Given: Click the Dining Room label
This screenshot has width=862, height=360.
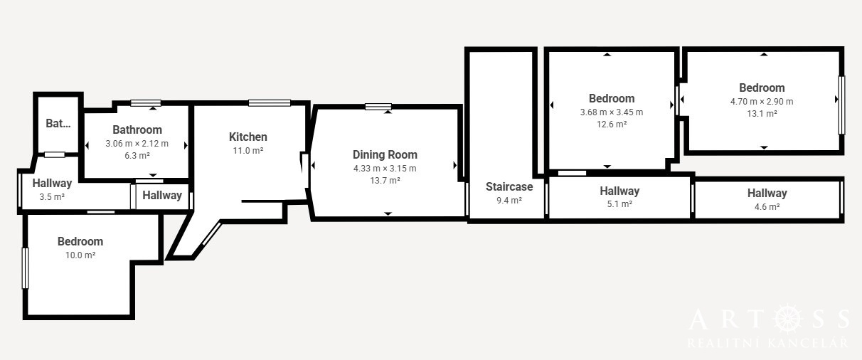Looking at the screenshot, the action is [x=385, y=155].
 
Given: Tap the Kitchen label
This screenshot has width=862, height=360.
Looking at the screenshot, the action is [x=248, y=137].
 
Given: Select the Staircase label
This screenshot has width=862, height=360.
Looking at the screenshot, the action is [x=509, y=186].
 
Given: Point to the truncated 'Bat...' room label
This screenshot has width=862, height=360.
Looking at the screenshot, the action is [x=58, y=123].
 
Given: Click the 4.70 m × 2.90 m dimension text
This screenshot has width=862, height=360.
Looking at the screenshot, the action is [x=762, y=102].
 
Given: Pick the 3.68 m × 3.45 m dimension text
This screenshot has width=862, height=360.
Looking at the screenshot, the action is [x=612, y=112].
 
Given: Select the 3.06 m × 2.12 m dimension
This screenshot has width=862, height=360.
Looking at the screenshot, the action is [x=137, y=144].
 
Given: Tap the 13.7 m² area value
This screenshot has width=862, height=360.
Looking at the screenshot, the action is [x=385, y=180].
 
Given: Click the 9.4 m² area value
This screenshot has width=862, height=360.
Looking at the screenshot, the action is [x=509, y=200].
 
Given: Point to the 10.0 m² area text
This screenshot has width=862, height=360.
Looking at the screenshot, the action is [x=80, y=255].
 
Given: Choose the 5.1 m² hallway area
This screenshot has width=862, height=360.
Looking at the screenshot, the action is [x=619, y=203].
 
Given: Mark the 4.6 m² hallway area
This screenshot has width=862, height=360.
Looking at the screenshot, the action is [x=767, y=206].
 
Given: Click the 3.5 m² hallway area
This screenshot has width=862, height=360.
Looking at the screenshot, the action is [x=52, y=197].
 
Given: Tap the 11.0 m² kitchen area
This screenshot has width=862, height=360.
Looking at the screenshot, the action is [x=248, y=151].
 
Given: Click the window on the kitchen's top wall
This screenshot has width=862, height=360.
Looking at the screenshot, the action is [x=270, y=102].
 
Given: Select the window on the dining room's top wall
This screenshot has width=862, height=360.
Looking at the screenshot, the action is [x=378, y=107].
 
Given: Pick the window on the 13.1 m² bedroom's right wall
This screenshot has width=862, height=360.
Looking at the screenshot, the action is [x=841, y=105].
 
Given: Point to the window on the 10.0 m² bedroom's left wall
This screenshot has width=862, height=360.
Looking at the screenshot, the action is [x=25, y=268].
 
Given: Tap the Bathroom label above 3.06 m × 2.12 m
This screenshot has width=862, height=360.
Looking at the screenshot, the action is [x=137, y=129].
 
